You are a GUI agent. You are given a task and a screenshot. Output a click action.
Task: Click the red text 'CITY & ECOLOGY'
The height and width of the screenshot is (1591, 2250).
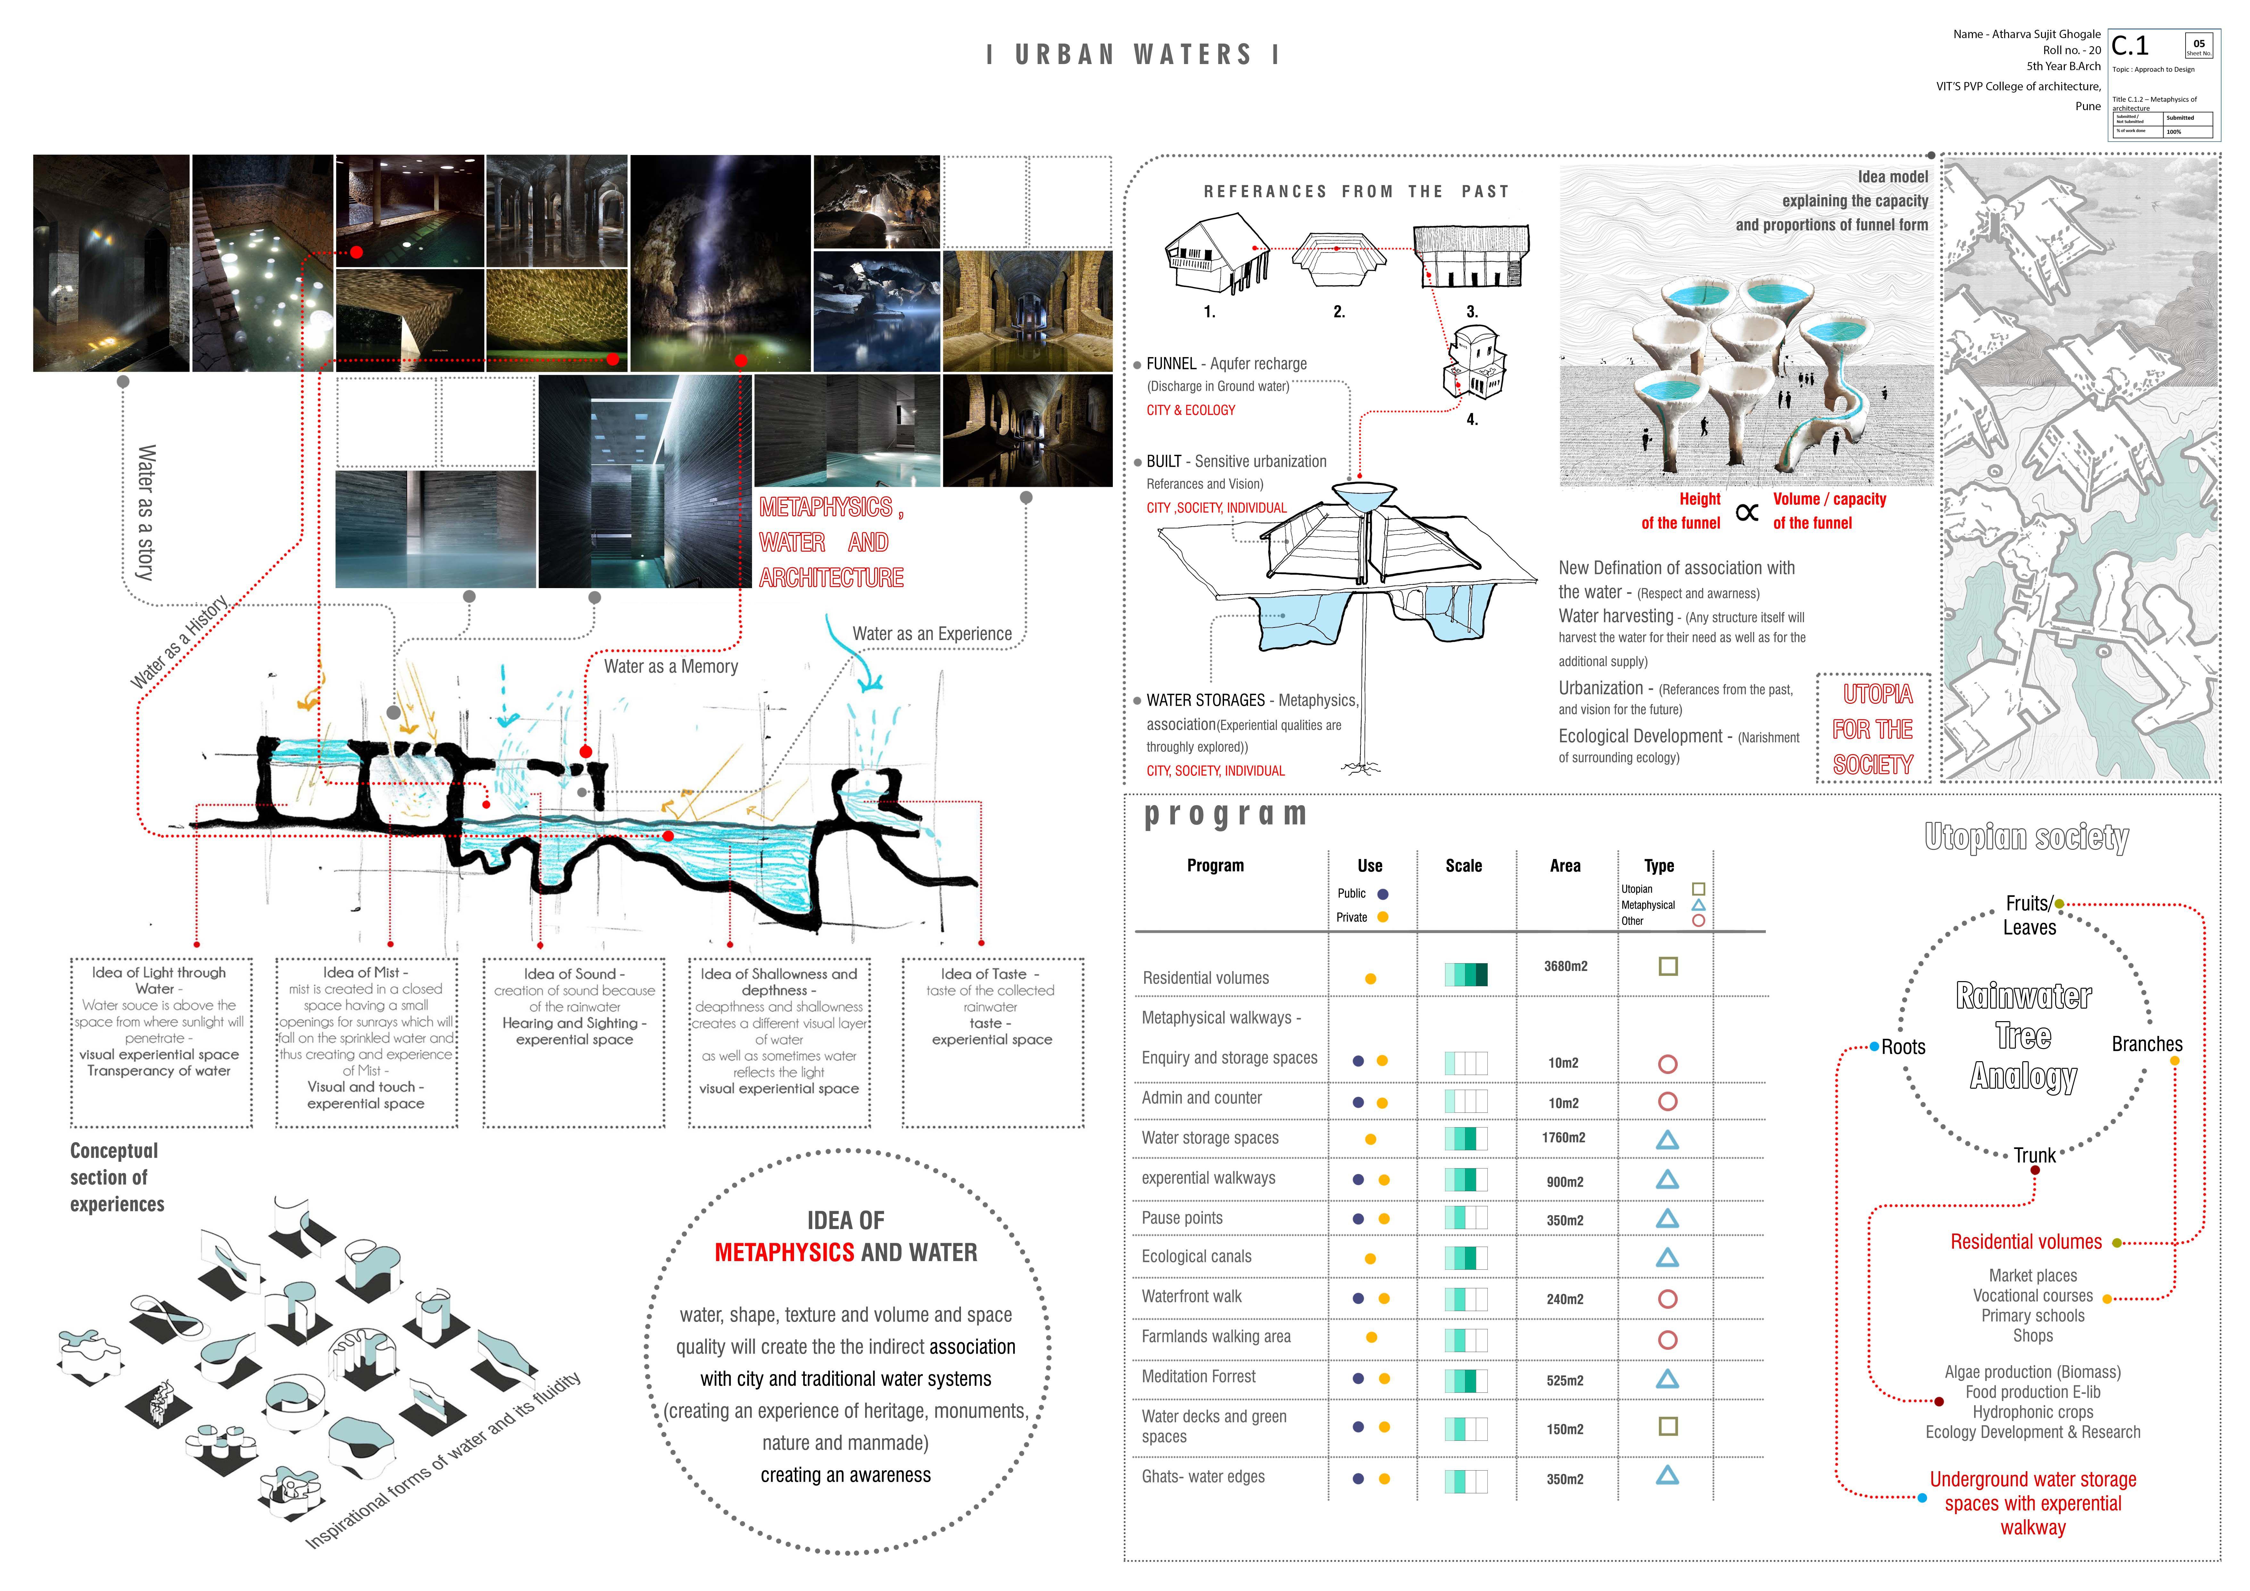[1191, 411]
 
